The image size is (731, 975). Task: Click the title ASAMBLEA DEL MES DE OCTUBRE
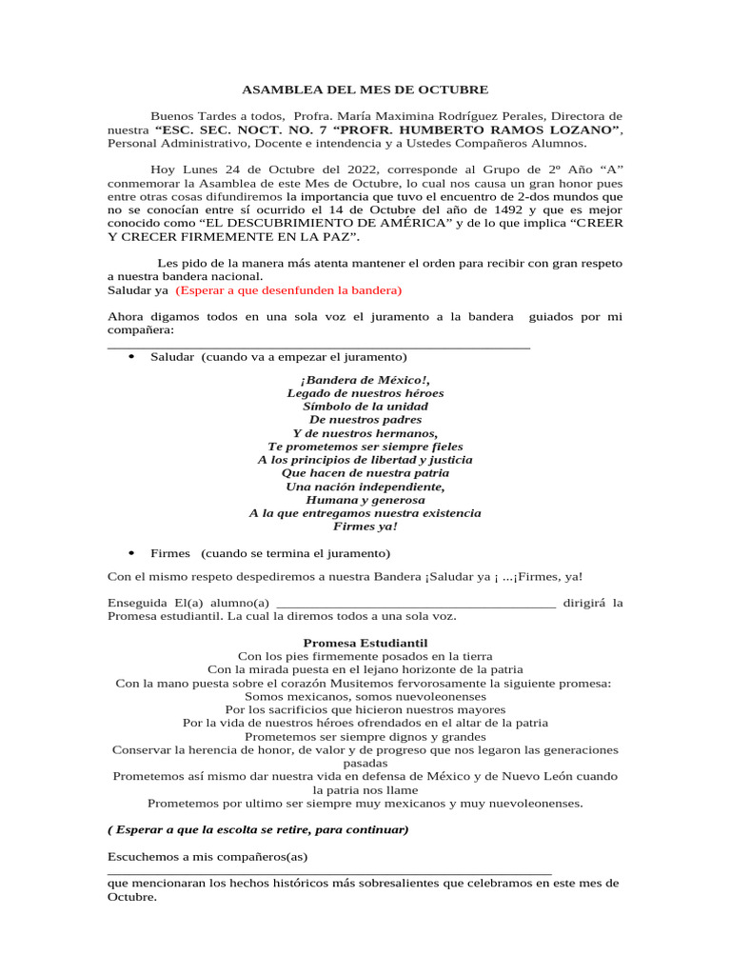tap(365, 90)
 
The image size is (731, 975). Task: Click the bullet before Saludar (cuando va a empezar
tap(131, 356)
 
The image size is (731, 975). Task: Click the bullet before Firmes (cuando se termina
tap(131, 552)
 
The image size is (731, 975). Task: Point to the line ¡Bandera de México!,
tap(365, 380)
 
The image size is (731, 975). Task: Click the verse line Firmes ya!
tap(365, 526)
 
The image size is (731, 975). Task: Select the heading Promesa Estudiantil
tap(365, 644)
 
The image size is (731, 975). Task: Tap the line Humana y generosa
tap(365, 499)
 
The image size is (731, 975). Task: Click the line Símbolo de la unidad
tap(365, 407)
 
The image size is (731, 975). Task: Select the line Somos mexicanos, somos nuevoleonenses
tap(365, 696)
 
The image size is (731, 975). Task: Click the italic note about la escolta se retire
tap(258, 829)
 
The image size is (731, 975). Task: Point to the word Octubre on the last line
tap(131, 897)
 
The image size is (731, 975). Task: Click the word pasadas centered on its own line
tap(365, 763)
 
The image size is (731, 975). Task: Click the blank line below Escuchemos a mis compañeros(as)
tap(329, 871)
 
